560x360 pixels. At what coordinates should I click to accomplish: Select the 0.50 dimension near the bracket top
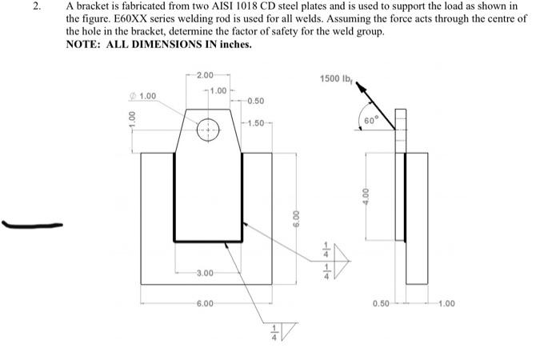pyautogui.click(x=256, y=100)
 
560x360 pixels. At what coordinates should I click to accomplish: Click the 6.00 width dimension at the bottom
pyautogui.click(x=206, y=304)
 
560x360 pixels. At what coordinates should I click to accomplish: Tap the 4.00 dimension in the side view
pyautogui.click(x=366, y=195)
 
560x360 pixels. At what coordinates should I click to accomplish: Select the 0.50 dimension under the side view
pyautogui.click(x=381, y=304)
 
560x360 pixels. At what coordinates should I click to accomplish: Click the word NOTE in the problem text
pyautogui.click(x=83, y=45)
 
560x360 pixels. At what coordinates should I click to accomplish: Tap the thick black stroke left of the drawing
pyautogui.click(x=33, y=226)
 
